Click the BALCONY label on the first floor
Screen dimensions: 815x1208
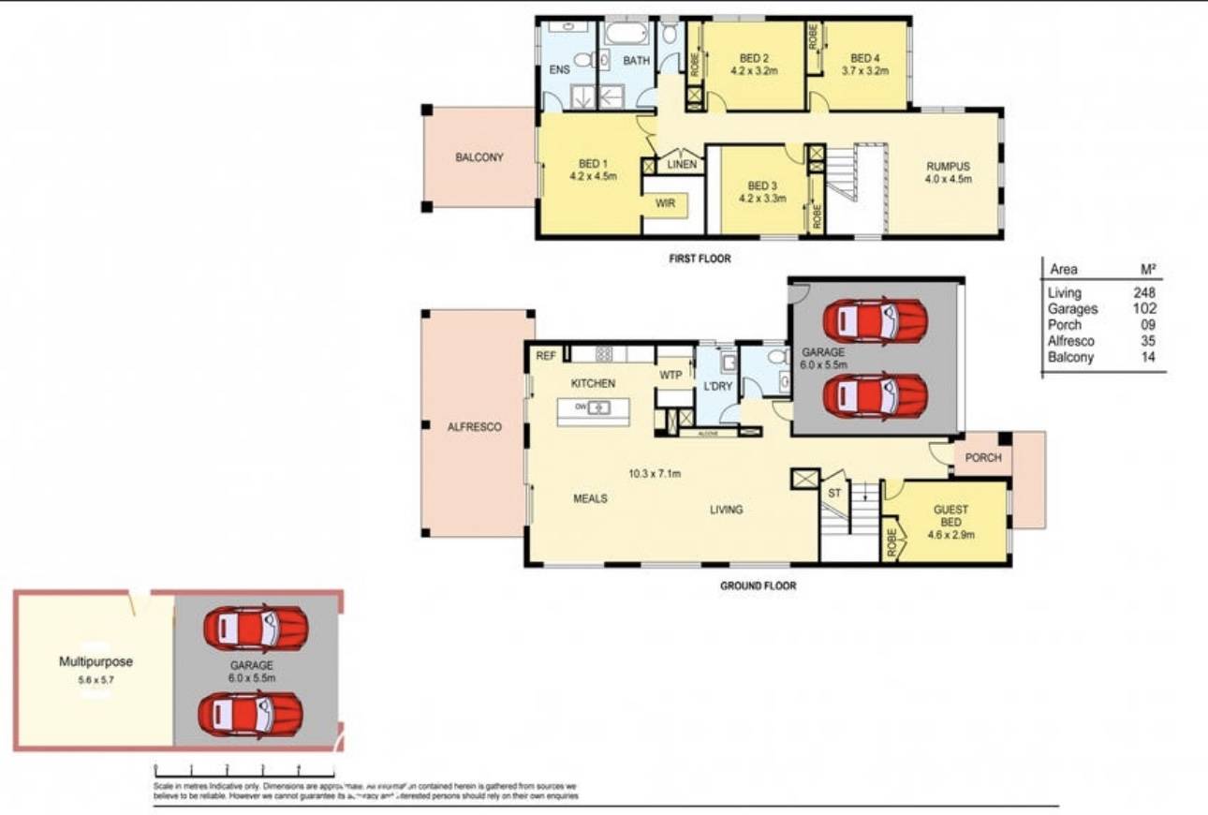point(479,157)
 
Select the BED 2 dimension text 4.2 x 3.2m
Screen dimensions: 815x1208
point(754,70)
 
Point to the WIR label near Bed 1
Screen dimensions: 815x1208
point(666,202)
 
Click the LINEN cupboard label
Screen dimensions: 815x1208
point(682,165)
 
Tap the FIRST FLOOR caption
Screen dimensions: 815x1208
point(700,259)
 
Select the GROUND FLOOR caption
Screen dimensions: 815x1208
point(758,586)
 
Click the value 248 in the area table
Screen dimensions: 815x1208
point(1144,292)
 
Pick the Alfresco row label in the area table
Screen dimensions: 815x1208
point(1071,341)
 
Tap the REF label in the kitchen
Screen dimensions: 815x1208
point(545,356)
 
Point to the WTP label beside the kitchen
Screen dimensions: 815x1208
point(670,375)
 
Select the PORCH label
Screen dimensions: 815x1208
point(982,458)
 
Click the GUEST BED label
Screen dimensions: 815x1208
point(950,516)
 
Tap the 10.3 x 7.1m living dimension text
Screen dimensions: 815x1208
point(654,474)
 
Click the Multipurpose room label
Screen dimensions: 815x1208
point(96,661)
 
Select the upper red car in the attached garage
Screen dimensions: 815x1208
point(876,321)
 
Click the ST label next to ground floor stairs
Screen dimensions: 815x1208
point(832,492)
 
